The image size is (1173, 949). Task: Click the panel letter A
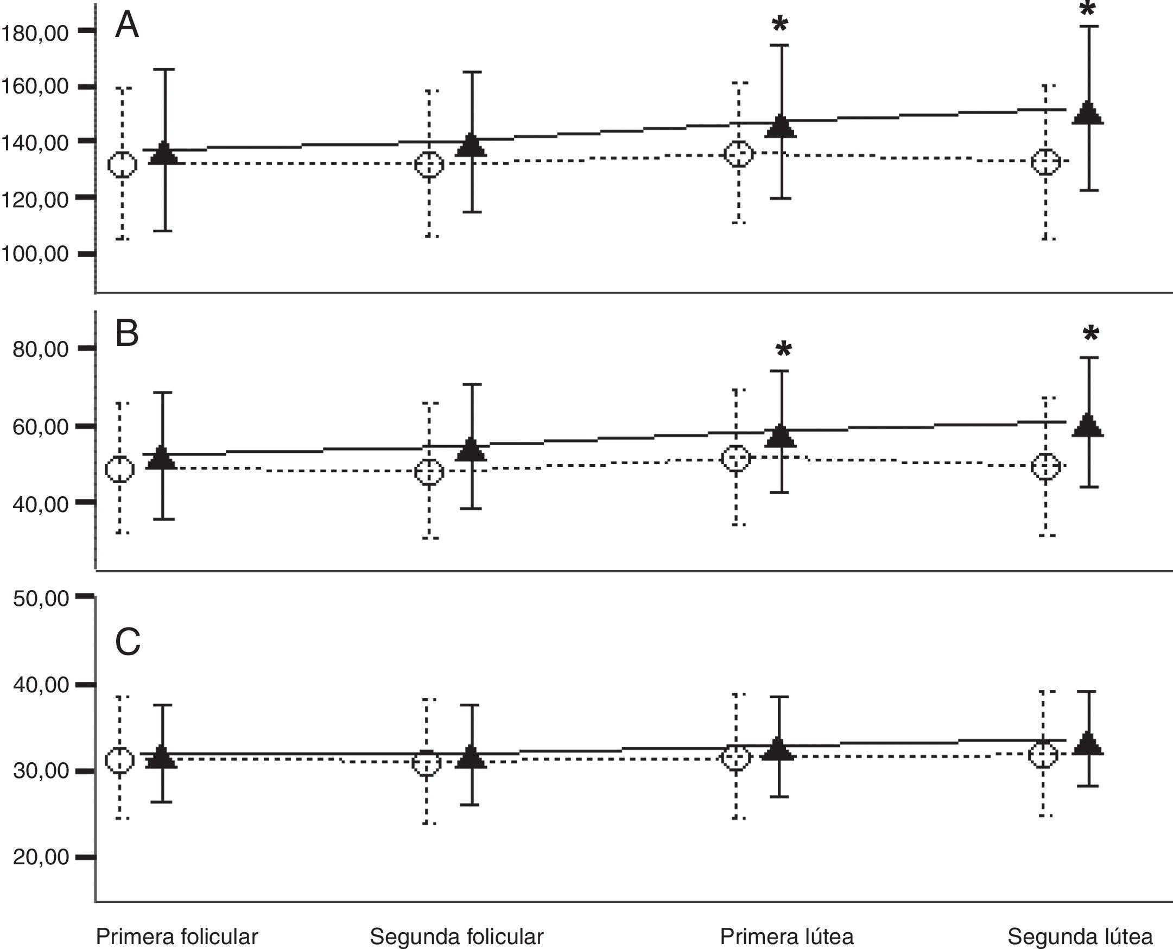click(127, 26)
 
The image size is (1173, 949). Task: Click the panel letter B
click(127, 333)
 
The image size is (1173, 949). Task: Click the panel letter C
click(128, 642)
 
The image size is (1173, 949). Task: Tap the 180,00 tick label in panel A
click(35, 33)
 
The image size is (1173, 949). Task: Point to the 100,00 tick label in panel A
click(35, 254)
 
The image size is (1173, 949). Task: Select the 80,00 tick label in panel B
click(41, 349)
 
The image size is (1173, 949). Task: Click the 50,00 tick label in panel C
click(41, 598)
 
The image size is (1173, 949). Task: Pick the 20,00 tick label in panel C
click(41, 857)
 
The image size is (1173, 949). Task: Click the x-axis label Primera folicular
click(177, 937)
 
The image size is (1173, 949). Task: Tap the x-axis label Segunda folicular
click(456, 937)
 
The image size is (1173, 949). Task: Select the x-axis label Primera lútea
click(787, 937)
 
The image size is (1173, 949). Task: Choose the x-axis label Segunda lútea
click(1080, 937)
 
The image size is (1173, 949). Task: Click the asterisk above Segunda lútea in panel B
click(1090, 333)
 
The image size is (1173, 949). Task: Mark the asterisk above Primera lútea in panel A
click(780, 24)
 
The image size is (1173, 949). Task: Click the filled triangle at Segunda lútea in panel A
click(1088, 113)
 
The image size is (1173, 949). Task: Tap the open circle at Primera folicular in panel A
click(122, 165)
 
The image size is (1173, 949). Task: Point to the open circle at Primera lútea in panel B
click(736, 458)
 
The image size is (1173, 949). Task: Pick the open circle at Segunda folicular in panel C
click(426, 763)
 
